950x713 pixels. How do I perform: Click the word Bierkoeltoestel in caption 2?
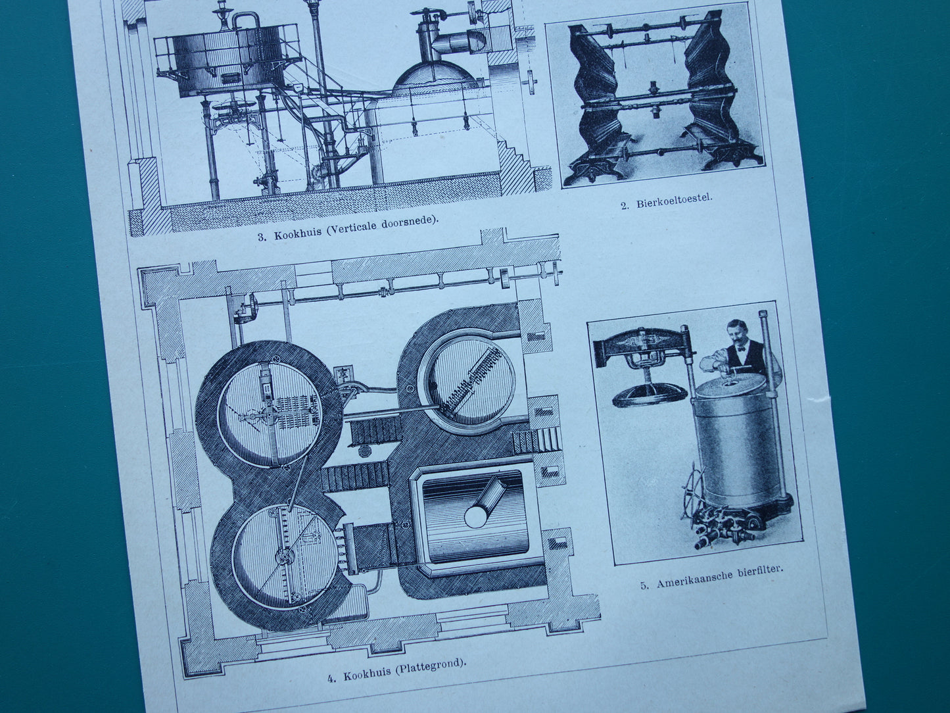pyautogui.click(x=674, y=202)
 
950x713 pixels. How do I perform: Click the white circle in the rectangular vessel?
pyautogui.click(x=475, y=516)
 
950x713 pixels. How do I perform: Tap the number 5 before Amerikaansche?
pyautogui.click(x=644, y=587)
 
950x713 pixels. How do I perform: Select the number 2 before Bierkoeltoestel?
pyautogui.click(x=625, y=206)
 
